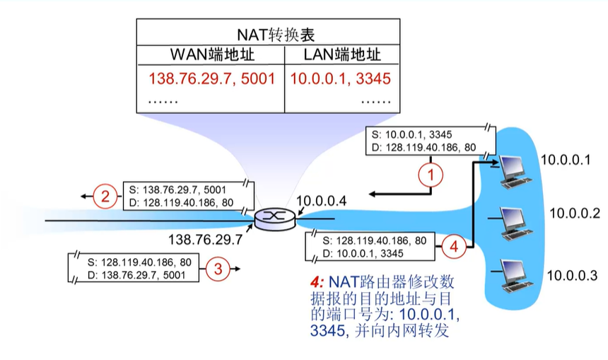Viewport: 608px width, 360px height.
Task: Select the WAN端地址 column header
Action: pos(211,54)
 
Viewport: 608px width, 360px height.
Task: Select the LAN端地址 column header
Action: pos(341,54)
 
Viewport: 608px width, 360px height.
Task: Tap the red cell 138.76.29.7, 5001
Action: pos(211,78)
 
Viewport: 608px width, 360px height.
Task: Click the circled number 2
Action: pos(104,196)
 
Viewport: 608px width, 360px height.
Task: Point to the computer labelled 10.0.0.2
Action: pos(512,221)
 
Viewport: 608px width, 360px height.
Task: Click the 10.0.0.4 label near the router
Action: pos(322,202)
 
